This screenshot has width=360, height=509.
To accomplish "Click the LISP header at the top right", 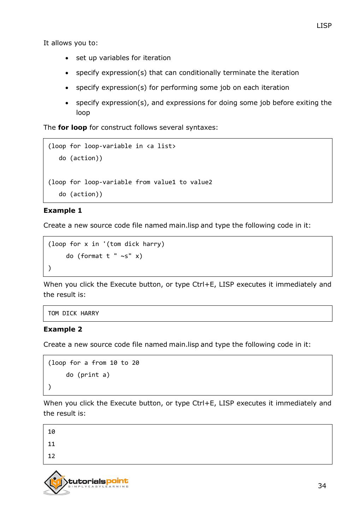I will (x=324, y=26).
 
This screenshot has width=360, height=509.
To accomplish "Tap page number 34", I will (x=322, y=486).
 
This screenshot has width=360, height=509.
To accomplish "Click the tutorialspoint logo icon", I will (x=56, y=482).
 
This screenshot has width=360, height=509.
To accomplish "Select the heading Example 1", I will (x=63, y=211).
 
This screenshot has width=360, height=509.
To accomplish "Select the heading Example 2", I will (x=63, y=329).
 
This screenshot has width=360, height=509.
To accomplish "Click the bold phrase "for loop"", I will (x=72, y=128).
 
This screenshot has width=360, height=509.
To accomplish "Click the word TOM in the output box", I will (x=53, y=314).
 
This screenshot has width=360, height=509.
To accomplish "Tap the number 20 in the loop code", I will (x=135, y=363).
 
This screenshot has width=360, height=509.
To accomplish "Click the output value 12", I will (x=52, y=456).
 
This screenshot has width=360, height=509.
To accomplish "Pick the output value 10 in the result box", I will (x=52, y=432).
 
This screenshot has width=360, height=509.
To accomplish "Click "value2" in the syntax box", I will (x=201, y=182).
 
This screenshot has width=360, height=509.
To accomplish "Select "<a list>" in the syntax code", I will (x=161, y=146).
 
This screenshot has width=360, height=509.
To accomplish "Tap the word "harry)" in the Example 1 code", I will (x=154, y=244).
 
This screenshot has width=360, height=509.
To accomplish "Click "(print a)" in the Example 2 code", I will (x=93, y=375).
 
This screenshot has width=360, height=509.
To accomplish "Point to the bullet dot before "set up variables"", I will (x=67, y=58).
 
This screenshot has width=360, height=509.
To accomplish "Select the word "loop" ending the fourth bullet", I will (x=83, y=113).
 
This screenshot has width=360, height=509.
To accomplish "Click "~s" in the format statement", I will (x=124, y=256).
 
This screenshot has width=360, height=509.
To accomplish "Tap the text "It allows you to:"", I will (x=71, y=43).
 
